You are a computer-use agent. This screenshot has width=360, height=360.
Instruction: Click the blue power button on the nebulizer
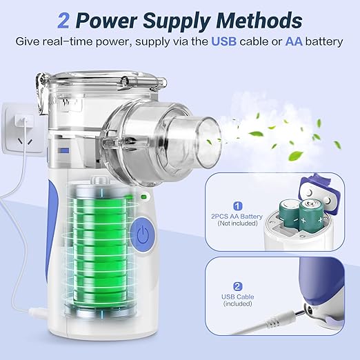(x=142, y=234)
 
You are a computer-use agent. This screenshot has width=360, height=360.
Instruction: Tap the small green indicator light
(x=144, y=197)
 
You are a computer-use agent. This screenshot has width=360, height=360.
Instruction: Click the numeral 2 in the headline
(x=63, y=21)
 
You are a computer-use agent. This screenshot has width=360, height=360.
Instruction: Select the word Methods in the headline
(x=259, y=21)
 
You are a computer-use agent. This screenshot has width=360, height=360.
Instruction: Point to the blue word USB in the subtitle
(x=223, y=41)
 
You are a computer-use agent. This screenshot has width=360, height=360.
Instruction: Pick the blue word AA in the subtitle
(x=294, y=41)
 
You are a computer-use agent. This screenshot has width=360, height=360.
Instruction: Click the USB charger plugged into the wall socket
(x=23, y=120)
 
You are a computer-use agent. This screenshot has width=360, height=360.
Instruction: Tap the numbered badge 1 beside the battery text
(x=238, y=206)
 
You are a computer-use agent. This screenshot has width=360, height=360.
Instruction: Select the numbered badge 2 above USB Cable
(x=238, y=286)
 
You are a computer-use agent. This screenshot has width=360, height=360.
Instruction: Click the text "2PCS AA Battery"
(x=237, y=217)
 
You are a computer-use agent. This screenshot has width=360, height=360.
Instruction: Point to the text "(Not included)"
(x=237, y=223)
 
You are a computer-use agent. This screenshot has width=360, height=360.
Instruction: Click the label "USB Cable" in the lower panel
(x=238, y=297)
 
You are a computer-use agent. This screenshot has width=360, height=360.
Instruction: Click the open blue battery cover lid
(x=320, y=191)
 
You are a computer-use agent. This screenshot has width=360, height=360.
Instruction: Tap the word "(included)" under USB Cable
(x=238, y=303)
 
